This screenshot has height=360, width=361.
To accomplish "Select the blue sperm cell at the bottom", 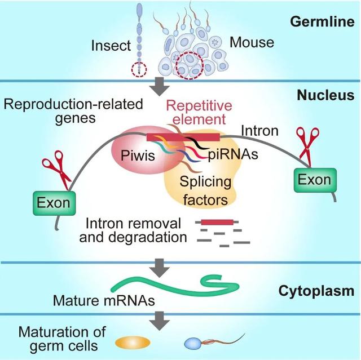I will coord(194,343).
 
